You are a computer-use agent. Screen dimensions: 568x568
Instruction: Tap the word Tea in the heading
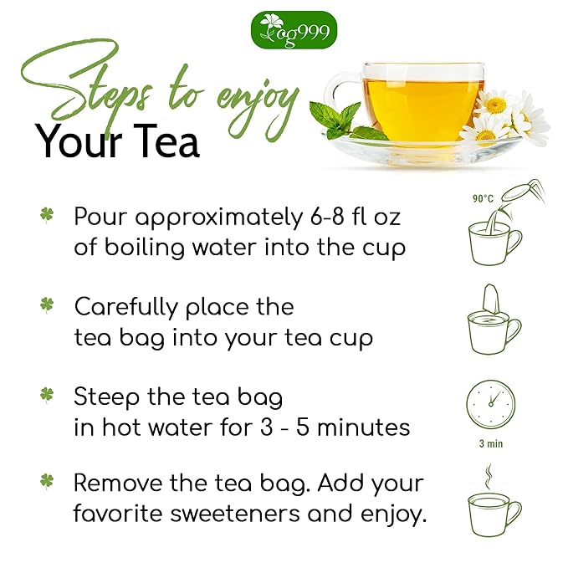160,141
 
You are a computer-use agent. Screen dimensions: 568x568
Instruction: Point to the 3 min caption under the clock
490,443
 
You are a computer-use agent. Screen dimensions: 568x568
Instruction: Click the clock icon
490,405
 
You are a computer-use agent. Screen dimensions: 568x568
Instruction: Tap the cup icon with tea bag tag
494,322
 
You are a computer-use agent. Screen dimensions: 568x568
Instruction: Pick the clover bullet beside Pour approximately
47,216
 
